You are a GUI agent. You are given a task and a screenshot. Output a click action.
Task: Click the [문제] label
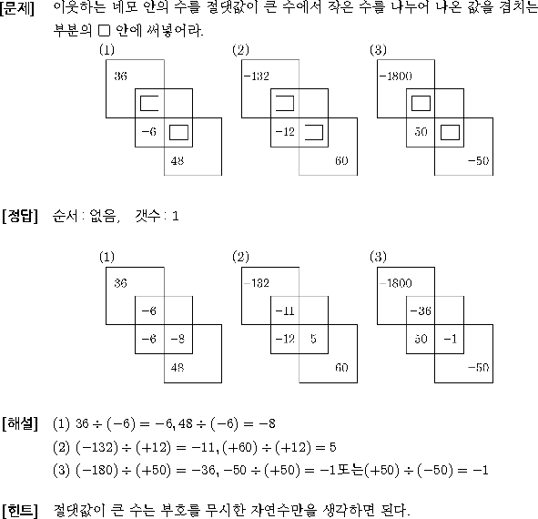pos(17,7)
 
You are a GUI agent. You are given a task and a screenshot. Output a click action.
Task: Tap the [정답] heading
pos(19,216)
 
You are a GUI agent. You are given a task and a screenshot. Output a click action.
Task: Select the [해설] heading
pos(19,423)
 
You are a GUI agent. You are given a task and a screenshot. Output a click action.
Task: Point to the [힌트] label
pos(19,511)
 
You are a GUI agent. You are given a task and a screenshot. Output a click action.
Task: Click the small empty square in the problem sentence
pos(104,31)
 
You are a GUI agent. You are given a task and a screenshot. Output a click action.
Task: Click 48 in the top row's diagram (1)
pos(178,160)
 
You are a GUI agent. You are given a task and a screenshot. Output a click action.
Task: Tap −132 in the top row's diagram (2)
pos(257,76)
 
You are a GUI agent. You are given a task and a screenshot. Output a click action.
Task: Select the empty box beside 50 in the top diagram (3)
pos(450,133)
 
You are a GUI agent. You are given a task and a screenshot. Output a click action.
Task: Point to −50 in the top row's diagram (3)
pos(478,160)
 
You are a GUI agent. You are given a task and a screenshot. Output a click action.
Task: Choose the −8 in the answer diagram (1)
pos(178,339)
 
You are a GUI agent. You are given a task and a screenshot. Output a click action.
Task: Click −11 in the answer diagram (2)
pos(285,311)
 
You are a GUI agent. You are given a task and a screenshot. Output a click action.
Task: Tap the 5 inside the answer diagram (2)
pos(313,339)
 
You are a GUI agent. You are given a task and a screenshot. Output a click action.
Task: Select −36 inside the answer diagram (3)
pos(421,311)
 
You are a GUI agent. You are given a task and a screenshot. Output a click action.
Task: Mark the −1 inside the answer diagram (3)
pos(451,339)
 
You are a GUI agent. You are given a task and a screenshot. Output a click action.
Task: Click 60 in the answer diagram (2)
pos(341,368)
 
